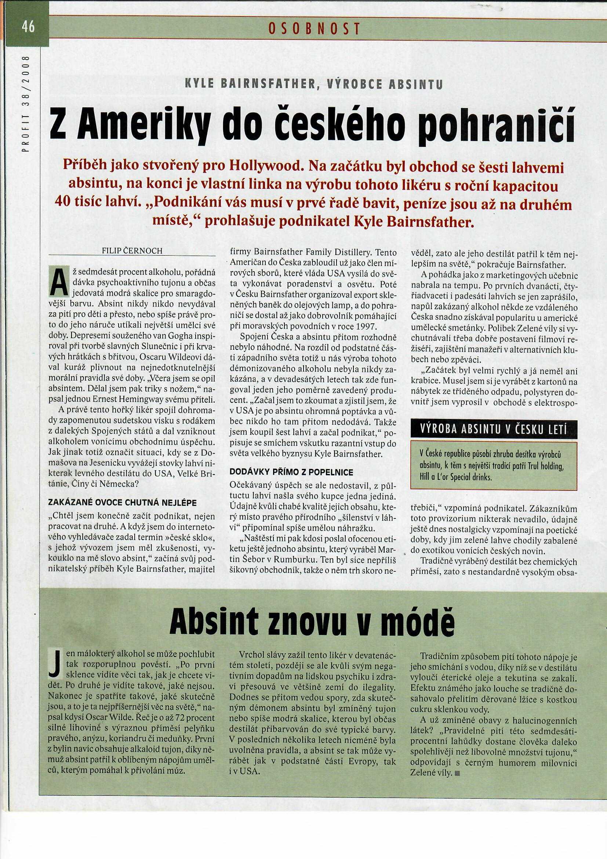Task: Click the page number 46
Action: pos(28,27)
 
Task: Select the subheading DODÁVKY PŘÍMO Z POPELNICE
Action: pos(291,472)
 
